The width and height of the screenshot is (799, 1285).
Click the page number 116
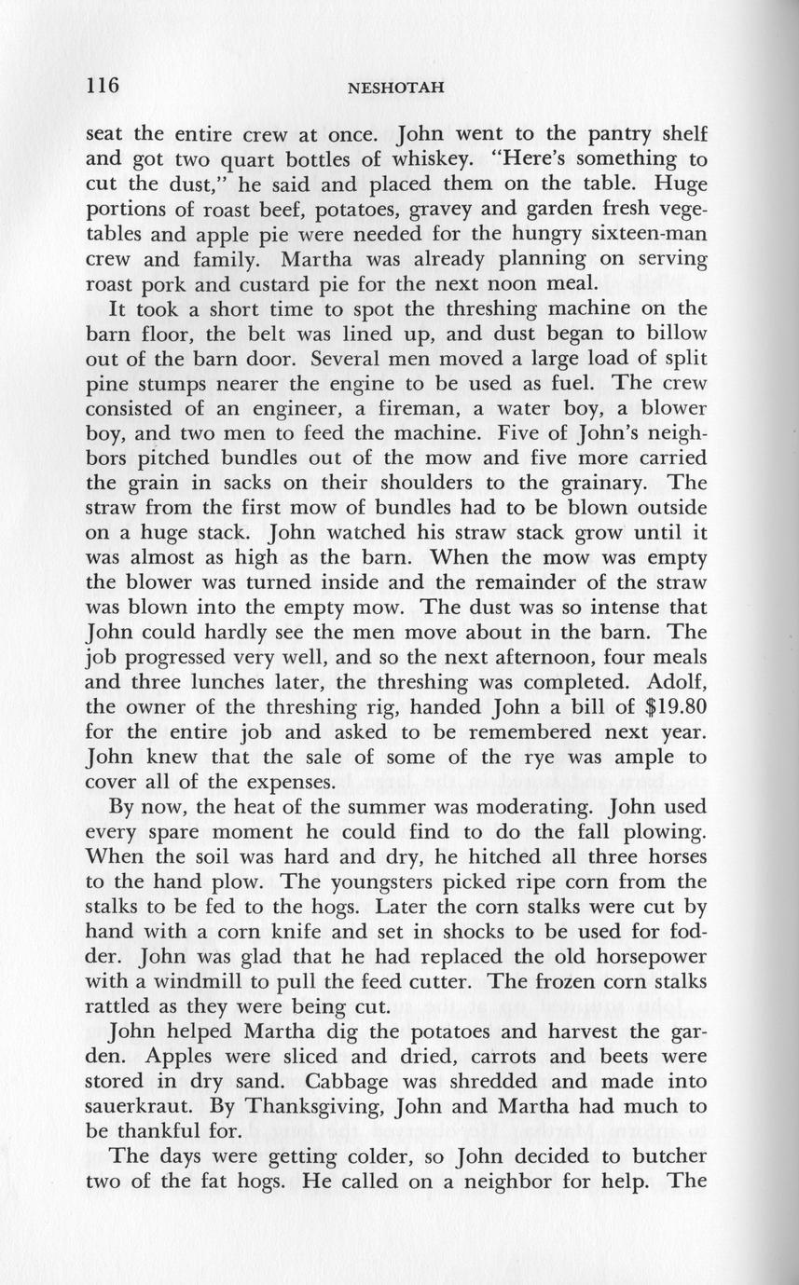click(x=103, y=87)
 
